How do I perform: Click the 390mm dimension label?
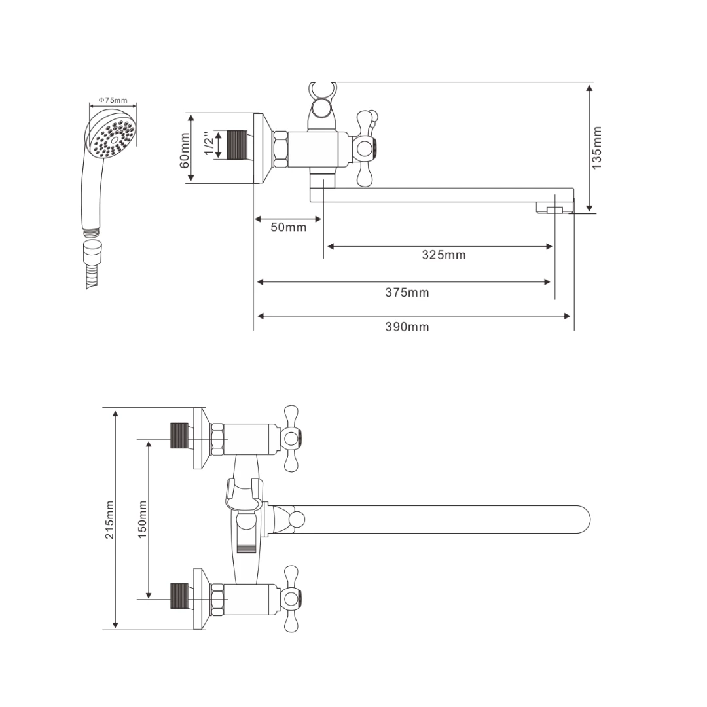[407, 327]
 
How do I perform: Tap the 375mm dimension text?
[407, 293]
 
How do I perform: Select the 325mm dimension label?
[444, 255]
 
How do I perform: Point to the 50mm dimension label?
[289, 227]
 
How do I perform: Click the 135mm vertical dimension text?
[596, 148]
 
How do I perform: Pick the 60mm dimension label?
[185, 150]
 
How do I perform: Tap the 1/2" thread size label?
[209, 143]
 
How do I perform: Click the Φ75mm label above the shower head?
[113, 100]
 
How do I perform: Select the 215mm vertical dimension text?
[109, 519]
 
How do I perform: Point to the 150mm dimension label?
[143, 519]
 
